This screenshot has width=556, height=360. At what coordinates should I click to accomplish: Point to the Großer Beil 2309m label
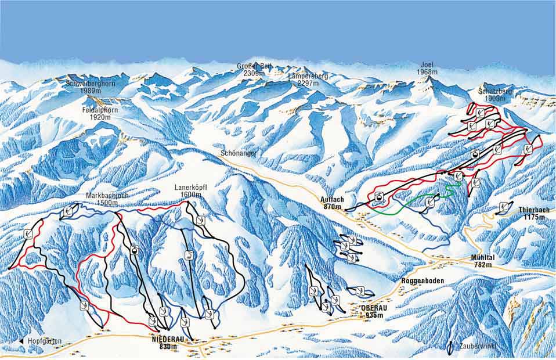[254, 70]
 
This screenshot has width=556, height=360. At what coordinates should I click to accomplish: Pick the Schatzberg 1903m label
[491, 95]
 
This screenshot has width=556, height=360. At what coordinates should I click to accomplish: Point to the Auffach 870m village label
[333, 203]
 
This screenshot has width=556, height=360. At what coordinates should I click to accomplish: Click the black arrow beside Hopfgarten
[21, 341]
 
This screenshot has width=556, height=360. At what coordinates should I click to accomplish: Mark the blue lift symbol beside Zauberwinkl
[451, 347]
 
